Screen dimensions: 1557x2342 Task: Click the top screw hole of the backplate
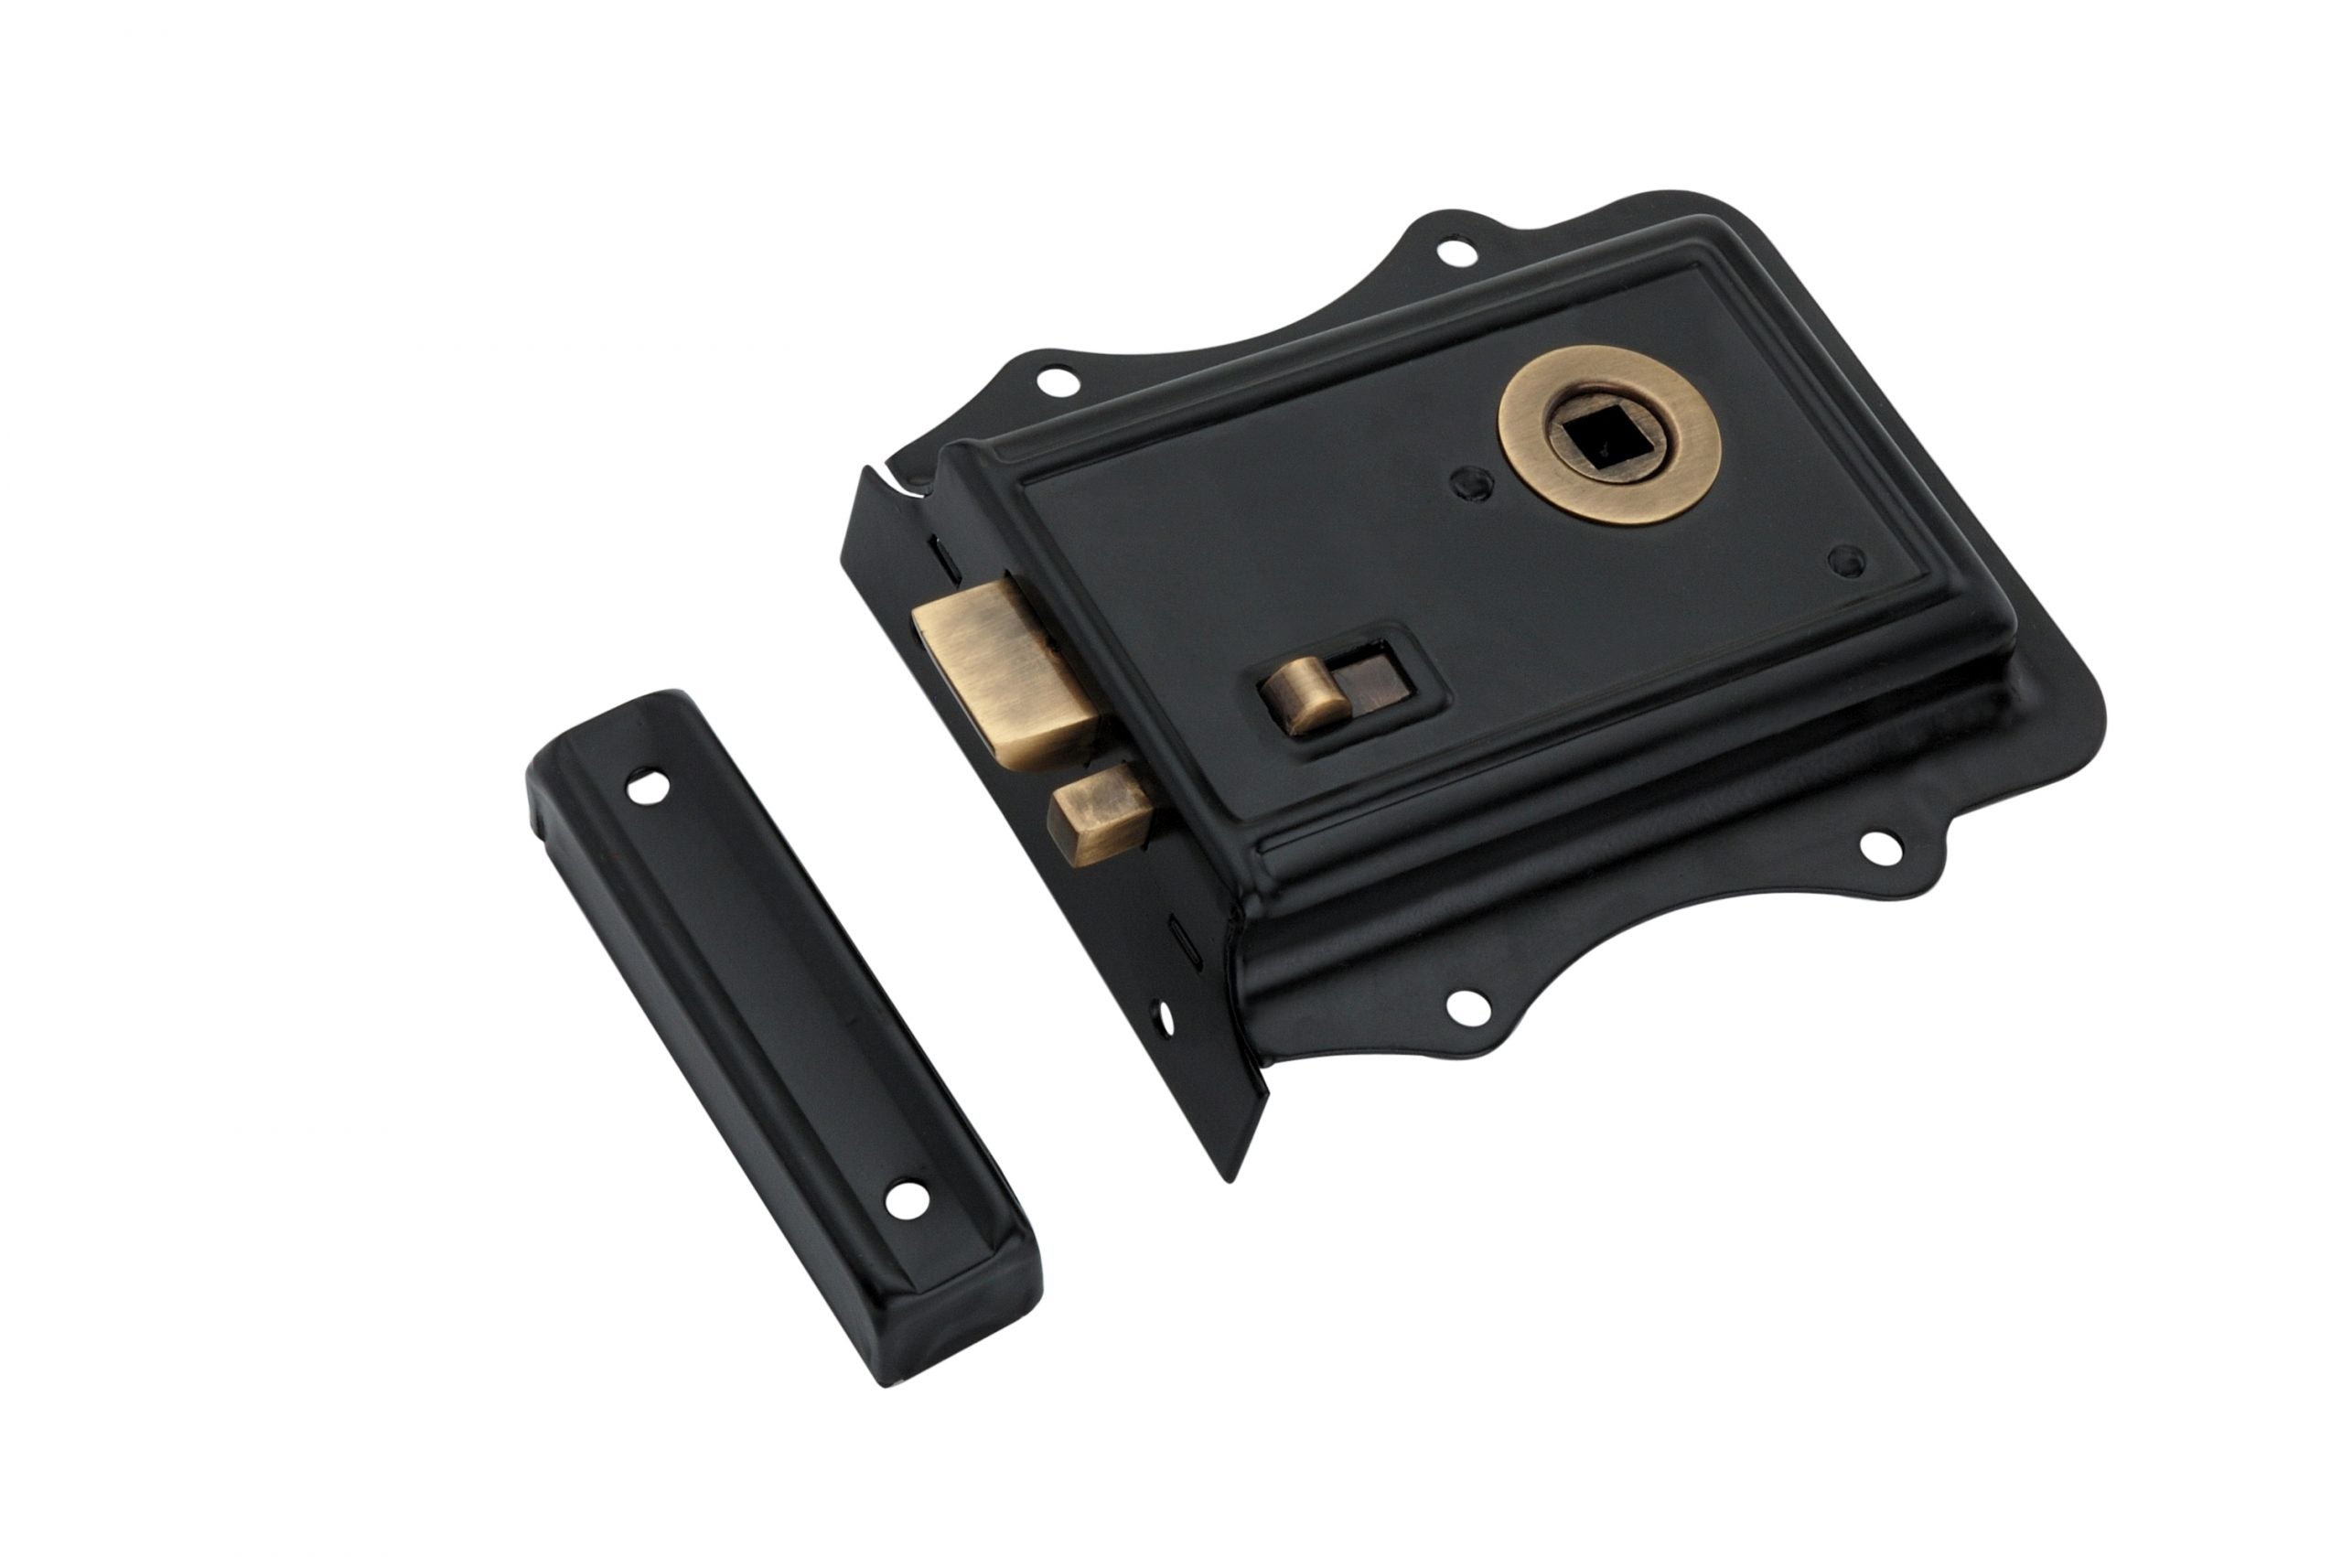[1456, 251]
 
